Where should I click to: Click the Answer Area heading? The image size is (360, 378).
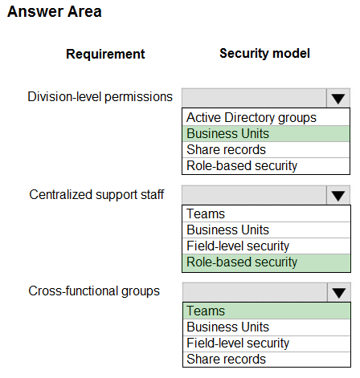coord(55,12)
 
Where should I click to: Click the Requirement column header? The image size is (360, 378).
coord(105,54)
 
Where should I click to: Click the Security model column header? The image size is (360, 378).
coord(264,53)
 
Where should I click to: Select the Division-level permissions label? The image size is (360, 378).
coord(100,97)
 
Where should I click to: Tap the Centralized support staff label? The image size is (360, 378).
coord(96,195)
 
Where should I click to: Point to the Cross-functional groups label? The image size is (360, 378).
coord(94,291)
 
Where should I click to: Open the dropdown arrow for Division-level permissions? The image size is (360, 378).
coord(338,98)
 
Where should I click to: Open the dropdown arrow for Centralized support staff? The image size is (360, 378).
coord(338,195)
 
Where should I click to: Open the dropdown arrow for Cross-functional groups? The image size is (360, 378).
coord(339,292)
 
